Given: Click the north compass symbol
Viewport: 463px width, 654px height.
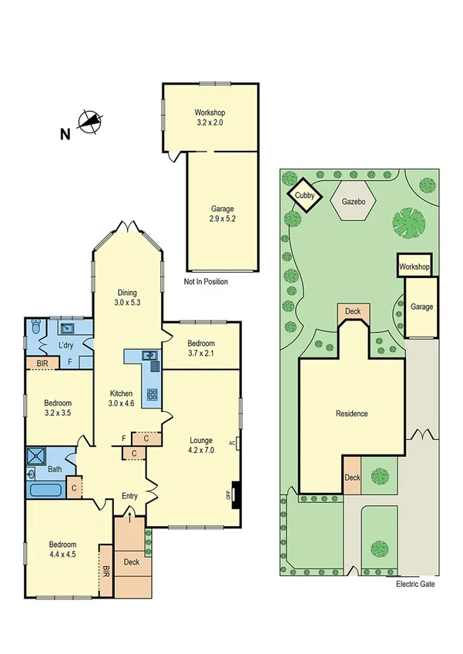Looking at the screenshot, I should pyautogui.click(x=89, y=124).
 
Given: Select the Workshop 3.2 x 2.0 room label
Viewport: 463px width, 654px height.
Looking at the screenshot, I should pyautogui.click(x=210, y=117).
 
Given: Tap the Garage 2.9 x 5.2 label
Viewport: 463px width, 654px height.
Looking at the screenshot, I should pyautogui.click(x=222, y=213).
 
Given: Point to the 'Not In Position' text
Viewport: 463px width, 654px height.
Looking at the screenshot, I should pyautogui.click(x=206, y=282).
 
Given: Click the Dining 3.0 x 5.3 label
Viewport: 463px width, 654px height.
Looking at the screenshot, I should pyautogui.click(x=127, y=297).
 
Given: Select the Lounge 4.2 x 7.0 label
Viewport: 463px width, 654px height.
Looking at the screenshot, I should pyautogui.click(x=201, y=446).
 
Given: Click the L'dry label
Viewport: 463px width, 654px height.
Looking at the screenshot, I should pyautogui.click(x=65, y=345).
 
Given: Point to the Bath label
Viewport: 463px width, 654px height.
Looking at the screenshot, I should pyautogui.click(x=55, y=468).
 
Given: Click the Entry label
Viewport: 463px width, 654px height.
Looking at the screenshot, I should pyautogui.click(x=129, y=496).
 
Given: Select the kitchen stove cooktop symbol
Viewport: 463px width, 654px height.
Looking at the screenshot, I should pyautogui.click(x=153, y=395).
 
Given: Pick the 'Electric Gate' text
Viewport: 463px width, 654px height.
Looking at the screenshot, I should pyautogui.click(x=415, y=585).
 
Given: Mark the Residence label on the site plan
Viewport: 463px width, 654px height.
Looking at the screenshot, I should pyautogui.click(x=351, y=414).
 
